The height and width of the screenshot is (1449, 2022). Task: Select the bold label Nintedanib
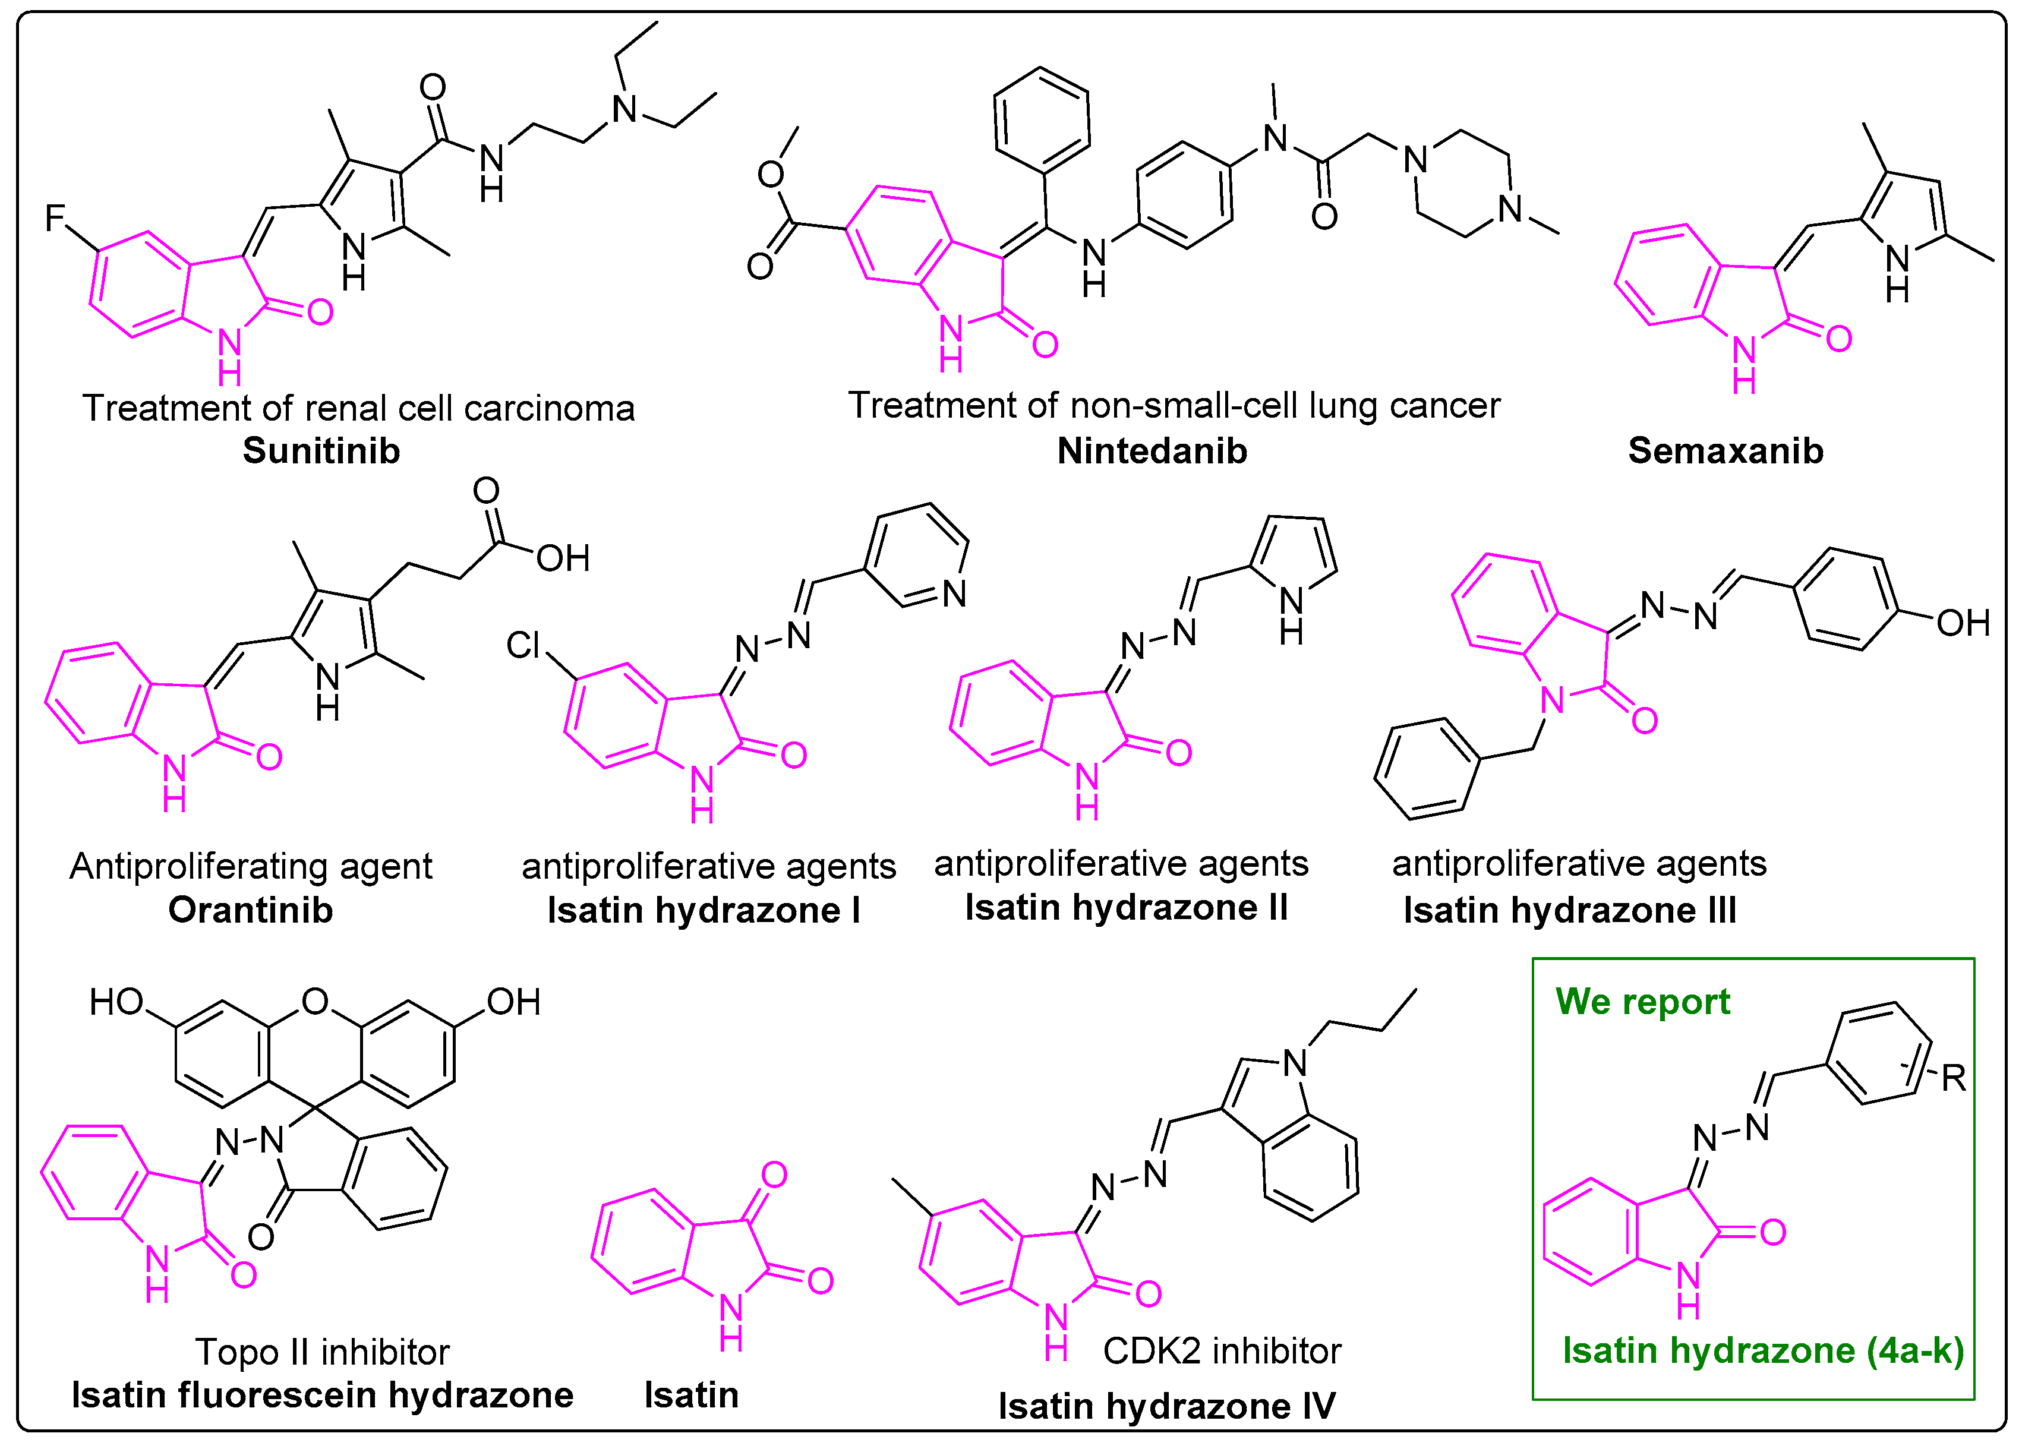click(1152, 451)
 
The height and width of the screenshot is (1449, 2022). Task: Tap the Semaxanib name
click(1725, 451)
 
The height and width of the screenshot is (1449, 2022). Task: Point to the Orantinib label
click(251, 910)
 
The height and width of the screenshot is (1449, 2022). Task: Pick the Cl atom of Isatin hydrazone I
click(523, 644)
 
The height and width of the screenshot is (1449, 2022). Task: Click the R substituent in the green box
click(1953, 1078)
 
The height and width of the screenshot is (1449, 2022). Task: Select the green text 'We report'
click(1642, 1002)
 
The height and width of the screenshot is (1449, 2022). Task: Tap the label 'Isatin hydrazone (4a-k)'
click(1762, 1351)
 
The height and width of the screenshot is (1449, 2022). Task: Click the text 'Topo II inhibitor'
click(322, 1352)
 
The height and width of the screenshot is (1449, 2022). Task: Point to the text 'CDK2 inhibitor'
click(1222, 1351)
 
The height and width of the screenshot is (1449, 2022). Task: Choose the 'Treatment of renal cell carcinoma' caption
click(358, 408)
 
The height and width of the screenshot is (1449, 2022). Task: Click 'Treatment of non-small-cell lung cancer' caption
click(1174, 405)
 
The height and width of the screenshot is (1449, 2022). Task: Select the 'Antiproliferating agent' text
click(251, 866)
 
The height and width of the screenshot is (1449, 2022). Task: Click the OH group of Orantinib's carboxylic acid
click(563, 558)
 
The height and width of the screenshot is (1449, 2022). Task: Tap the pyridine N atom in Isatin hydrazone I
click(954, 594)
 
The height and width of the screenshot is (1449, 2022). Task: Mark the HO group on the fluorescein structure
click(116, 1003)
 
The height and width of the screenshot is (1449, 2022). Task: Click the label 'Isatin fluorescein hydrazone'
click(322, 1395)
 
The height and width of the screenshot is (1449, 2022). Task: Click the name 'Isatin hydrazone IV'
click(1166, 1406)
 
